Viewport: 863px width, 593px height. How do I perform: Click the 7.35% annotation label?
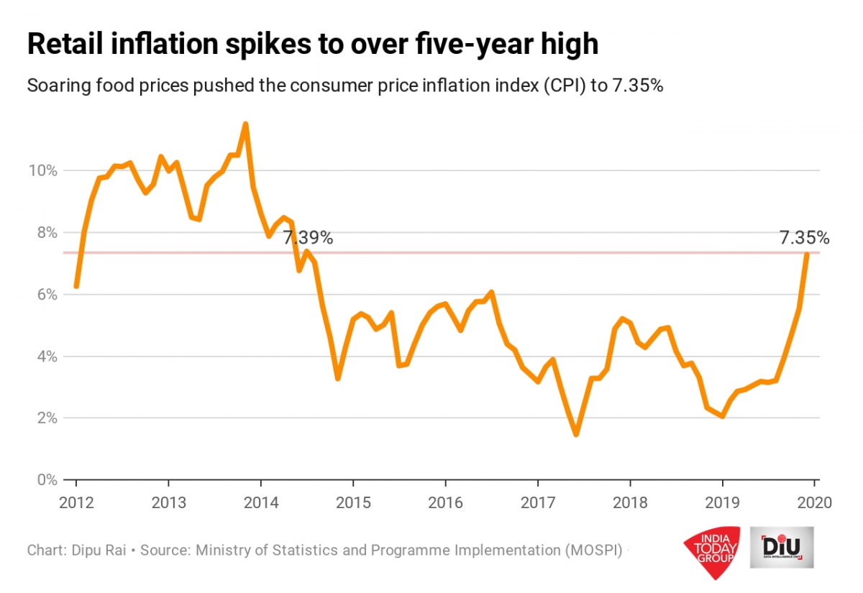pos(804,238)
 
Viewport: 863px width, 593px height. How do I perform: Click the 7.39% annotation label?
pos(308,238)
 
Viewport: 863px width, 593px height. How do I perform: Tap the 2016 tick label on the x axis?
pos(445,502)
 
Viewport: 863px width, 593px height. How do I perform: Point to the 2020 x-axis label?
pos(815,502)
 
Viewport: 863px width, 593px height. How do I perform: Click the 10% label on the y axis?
pos(43,171)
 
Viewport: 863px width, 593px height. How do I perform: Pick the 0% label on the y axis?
pos(47,479)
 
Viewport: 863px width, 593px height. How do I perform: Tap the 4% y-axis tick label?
pos(47,357)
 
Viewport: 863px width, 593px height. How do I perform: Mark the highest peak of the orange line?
pos(245,124)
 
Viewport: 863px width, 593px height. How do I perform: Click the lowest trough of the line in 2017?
pos(576,434)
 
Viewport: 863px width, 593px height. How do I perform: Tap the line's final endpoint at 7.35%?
pos(807,254)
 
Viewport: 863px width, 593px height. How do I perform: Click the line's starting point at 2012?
pos(76,286)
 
